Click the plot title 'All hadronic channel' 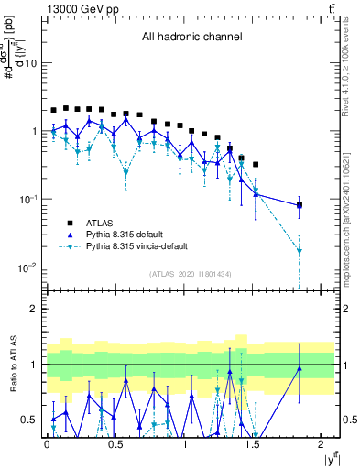pos(191,37)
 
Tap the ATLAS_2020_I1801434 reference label pos(191,274)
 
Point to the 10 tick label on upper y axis pos(30,63)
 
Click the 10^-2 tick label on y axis pos(27,267)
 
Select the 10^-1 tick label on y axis pos(27,200)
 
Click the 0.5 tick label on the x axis pos(115,445)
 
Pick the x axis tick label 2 pos(322,445)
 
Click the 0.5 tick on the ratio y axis pos(32,420)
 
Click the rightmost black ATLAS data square pos(300,205)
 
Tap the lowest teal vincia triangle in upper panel pos(300,250)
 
